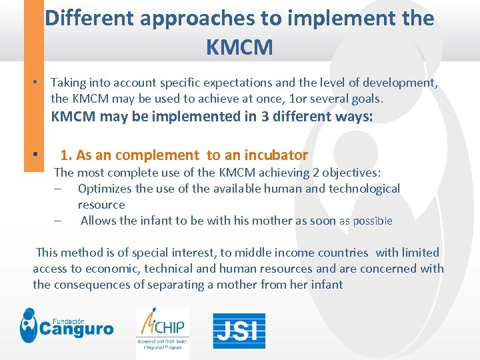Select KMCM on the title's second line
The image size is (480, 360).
239,48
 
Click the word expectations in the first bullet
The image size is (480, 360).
245,83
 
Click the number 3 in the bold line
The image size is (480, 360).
233,117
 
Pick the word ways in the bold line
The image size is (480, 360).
351,117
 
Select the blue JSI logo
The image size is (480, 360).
239,330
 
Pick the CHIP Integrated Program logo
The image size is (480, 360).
162,331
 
